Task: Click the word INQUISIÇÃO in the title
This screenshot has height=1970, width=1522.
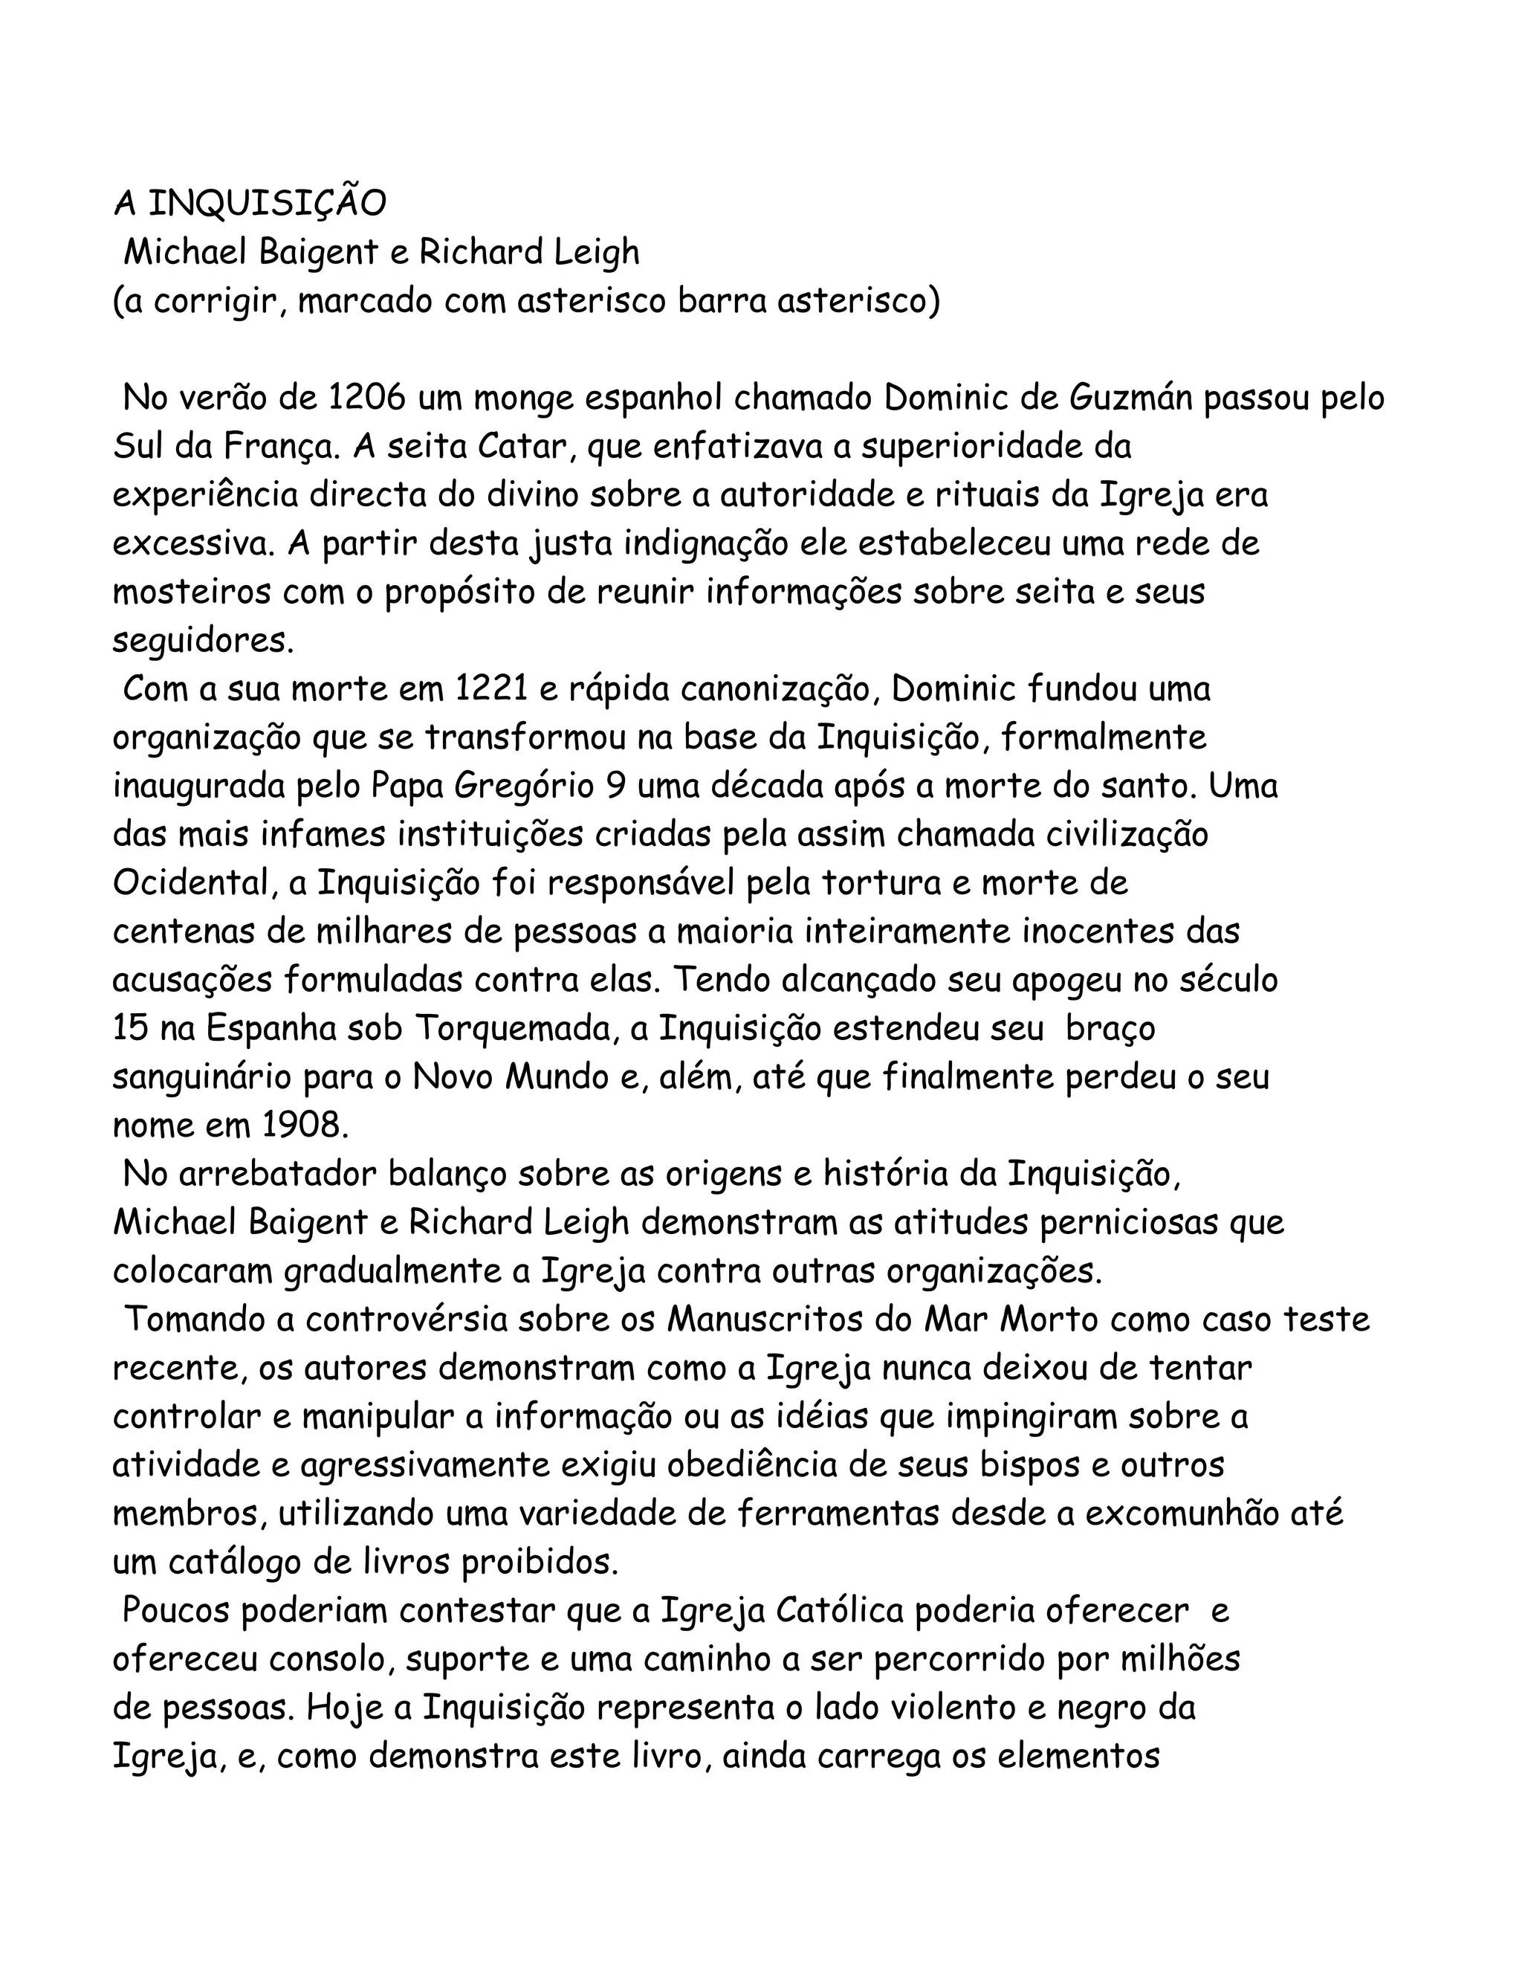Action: tap(266, 204)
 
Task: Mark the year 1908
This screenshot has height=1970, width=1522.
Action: tap(305, 1126)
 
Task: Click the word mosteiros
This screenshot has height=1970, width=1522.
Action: tap(191, 592)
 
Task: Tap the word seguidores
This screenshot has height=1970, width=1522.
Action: tap(202, 642)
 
